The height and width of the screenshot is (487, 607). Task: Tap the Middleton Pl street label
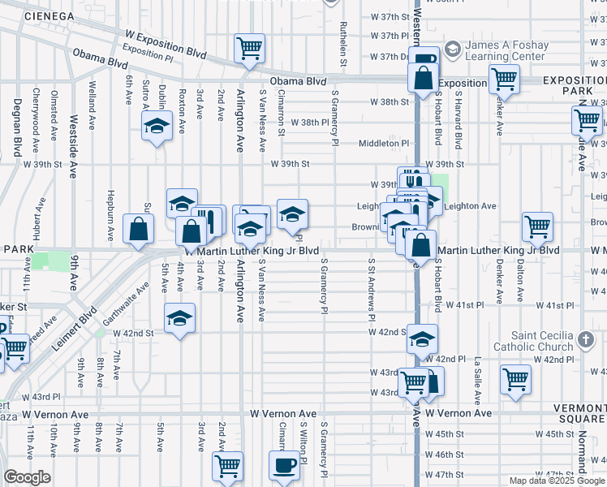click(385, 143)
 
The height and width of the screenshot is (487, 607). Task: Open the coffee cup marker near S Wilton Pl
click(284, 466)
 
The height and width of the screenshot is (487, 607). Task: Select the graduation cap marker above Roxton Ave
click(155, 126)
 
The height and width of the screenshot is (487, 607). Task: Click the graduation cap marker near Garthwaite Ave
click(179, 317)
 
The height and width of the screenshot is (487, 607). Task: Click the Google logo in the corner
click(27, 477)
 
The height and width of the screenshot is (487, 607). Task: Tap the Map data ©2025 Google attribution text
click(557, 481)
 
